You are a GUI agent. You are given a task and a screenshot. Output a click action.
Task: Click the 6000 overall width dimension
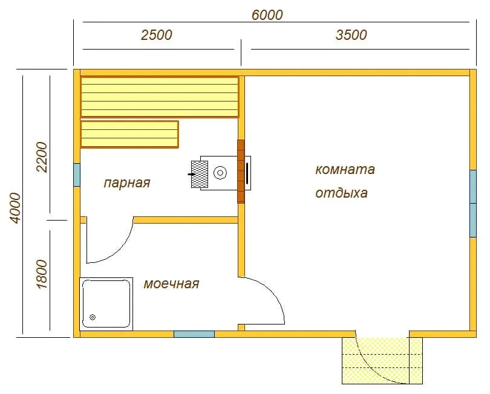(x=267, y=15)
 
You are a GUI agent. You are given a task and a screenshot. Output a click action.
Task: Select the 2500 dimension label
(x=156, y=35)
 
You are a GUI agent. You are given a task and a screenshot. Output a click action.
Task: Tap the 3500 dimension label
(x=351, y=35)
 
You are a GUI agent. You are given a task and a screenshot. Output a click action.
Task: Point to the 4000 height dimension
(x=15, y=208)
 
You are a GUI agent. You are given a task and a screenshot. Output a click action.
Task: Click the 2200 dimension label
(x=42, y=157)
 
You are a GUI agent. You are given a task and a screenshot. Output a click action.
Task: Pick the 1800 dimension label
(x=42, y=274)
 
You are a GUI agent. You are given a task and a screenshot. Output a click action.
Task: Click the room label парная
(x=127, y=183)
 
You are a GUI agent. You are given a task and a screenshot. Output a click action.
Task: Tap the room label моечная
(x=171, y=284)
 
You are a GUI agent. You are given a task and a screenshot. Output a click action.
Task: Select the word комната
(x=345, y=170)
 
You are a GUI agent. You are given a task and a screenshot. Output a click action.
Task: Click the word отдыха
(x=341, y=193)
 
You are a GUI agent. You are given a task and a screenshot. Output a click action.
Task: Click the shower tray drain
(x=93, y=317)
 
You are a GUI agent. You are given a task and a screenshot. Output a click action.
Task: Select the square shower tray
(x=106, y=304)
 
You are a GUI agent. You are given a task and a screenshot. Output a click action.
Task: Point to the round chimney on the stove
(x=220, y=173)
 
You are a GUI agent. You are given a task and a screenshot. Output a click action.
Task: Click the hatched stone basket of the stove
(x=200, y=175)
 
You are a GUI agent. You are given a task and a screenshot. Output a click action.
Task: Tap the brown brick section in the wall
(x=241, y=172)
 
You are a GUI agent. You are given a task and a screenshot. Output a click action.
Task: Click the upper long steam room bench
(x=160, y=97)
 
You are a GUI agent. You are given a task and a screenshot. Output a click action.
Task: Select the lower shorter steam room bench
(x=129, y=134)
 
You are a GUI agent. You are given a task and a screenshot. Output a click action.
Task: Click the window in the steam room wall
(x=77, y=175)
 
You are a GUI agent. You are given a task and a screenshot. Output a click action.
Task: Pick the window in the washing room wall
(x=194, y=334)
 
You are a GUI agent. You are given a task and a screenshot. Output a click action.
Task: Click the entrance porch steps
(x=382, y=361)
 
